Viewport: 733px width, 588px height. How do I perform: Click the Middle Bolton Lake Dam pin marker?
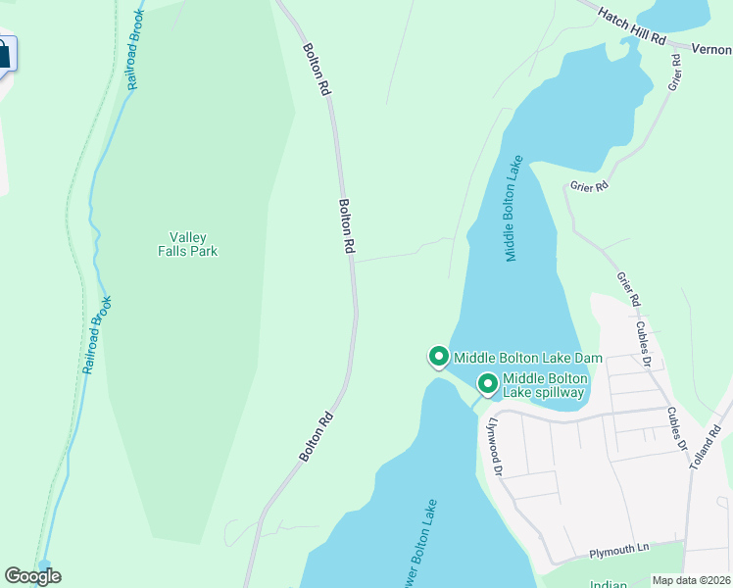coord(438,357)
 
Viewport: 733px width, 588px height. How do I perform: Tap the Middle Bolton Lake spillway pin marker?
coord(487,383)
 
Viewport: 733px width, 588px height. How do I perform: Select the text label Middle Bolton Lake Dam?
coord(527,358)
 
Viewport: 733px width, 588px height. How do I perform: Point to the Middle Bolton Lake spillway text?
coord(544,385)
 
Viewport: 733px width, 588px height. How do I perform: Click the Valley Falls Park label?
coord(187,244)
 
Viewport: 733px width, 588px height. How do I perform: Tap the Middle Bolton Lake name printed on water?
coord(516,208)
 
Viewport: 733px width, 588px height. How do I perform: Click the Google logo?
coord(32,576)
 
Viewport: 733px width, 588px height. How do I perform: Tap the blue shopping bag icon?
coord(4,55)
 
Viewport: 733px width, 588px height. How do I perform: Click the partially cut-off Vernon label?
coord(711,48)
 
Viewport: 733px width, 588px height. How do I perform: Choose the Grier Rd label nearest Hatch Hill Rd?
coord(675,73)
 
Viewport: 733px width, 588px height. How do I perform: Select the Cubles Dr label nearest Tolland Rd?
coord(675,428)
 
